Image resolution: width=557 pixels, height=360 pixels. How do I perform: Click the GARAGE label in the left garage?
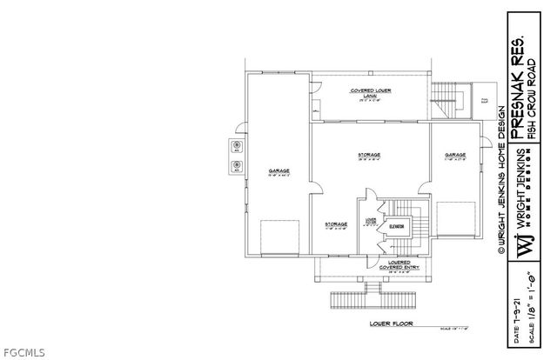coord(278,171)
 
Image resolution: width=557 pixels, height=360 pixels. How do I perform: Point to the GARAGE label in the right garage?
coord(456,155)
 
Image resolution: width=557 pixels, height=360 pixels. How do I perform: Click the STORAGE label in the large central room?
coord(369,155)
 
